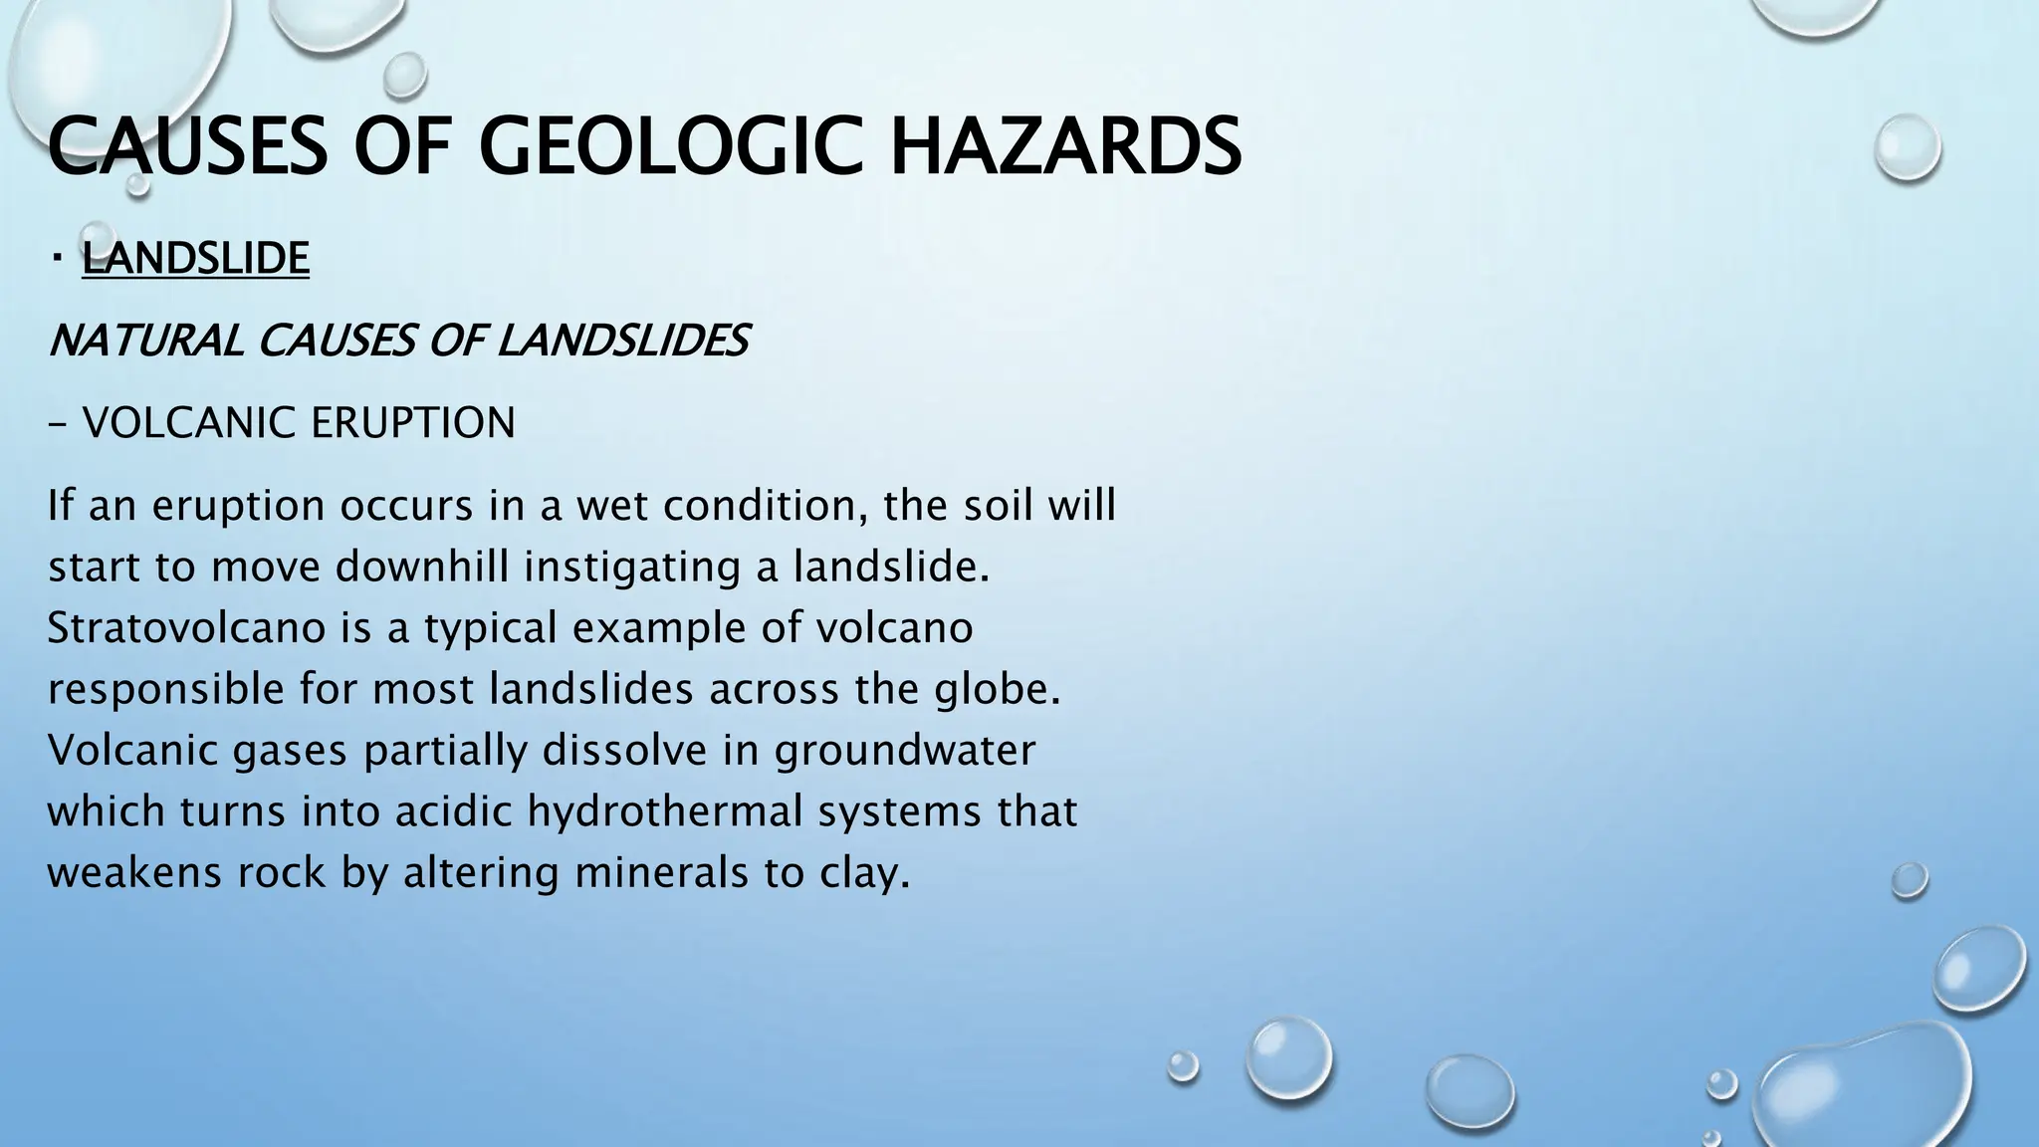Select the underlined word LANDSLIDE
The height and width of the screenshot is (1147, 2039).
pos(195,259)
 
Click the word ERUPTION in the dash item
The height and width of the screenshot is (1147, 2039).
pos(413,423)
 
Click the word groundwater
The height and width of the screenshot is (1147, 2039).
pos(904,751)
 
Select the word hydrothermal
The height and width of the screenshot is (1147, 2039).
pos(664,811)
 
